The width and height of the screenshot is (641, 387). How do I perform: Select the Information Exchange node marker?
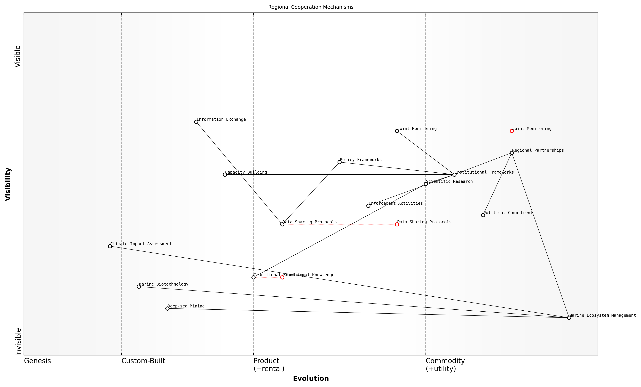196,122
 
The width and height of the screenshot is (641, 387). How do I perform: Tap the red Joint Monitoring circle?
512,131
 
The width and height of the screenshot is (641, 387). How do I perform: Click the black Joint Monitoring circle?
397,131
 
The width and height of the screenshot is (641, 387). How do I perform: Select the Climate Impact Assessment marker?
110,246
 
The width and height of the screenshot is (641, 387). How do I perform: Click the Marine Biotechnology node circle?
139,287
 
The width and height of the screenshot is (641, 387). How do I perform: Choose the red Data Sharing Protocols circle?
397,224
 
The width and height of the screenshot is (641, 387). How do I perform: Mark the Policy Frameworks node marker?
340,162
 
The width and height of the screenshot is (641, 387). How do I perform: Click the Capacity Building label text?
246,172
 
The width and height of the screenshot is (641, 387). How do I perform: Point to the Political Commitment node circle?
483,215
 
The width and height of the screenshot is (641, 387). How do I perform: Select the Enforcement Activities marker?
368,206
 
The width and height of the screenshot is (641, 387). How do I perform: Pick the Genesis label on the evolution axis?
38,361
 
